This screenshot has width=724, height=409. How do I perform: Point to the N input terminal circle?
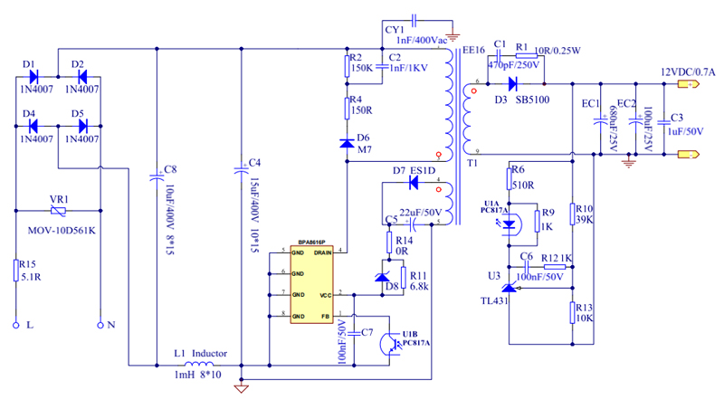pos(100,324)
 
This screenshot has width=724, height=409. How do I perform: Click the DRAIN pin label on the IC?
pos(323,252)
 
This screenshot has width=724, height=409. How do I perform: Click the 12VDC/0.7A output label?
pos(687,71)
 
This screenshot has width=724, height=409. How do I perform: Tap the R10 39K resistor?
pos(573,214)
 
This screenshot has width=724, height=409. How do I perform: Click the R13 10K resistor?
pos(573,313)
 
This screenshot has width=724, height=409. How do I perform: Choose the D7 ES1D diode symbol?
pos(412,183)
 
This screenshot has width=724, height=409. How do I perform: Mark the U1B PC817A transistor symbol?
pos(391,344)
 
